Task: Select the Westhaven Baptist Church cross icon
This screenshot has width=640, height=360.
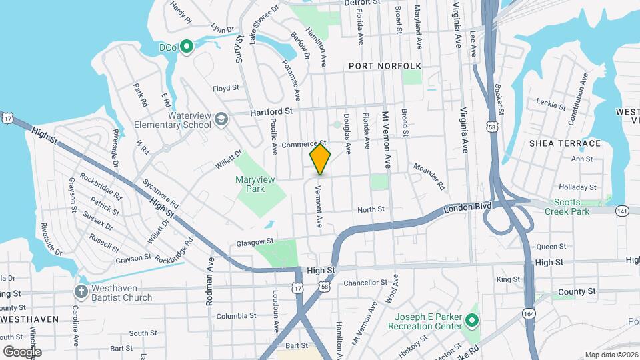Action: tap(81, 292)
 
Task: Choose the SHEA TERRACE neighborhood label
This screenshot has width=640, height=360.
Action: tap(565, 143)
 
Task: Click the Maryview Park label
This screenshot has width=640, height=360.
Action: tap(250, 184)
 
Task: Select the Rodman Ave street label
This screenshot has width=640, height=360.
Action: tap(210, 291)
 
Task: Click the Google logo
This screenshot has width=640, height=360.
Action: tap(22, 351)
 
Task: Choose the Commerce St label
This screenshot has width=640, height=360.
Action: tap(303, 144)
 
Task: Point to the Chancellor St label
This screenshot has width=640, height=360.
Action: tap(365, 283)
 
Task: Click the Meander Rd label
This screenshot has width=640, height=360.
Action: tap(429, 175)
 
